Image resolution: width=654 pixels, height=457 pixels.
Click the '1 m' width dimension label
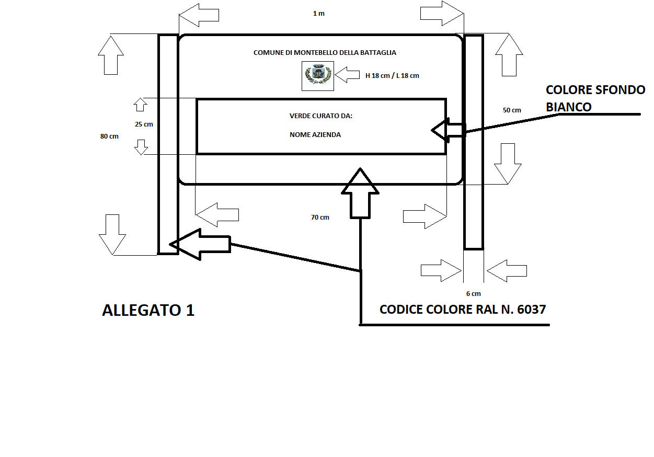pyautogui.click(x=318, y=14)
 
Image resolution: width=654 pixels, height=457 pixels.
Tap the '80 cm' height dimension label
pyautogui.click(x=109, y=136)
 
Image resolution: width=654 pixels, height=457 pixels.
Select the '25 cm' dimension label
pyautogui.click(x=144, y=124)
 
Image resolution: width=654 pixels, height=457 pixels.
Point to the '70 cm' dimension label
pyautogui.click(x=320, y=218)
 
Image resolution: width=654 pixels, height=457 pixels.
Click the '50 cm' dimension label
pyautogui.click(x=512, y=110)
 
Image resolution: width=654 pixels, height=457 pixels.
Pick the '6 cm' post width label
pyautogui.click(x=473, y=294)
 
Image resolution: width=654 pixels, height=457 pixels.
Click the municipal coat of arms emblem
pyautogui.click(x=318, y=75)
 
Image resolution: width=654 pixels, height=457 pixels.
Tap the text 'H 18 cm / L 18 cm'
pyautogui.click(x=392, y=76)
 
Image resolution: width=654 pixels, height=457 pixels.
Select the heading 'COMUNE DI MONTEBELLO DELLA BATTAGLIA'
pyautogui.click(x=325, y=53)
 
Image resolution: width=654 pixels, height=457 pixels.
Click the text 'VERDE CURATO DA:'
pyautogui.click(x=321, y=116)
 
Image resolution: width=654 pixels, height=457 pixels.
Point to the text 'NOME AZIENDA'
pyautogui.click(x=315, y=135)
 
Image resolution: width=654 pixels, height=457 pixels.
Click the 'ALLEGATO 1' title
pyautogui.click(x=148, y=310)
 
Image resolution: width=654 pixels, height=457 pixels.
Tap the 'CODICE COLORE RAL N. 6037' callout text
pyautogui.click(x=463, y=310)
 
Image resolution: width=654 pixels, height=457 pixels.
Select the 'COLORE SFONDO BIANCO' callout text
pyautogui.click(x=595, y=98)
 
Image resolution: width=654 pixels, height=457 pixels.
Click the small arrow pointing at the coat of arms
pyautogui.click(x=347, y=75)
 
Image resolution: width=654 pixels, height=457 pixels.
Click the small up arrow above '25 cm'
pyautogui.click(x=140, y=104)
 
